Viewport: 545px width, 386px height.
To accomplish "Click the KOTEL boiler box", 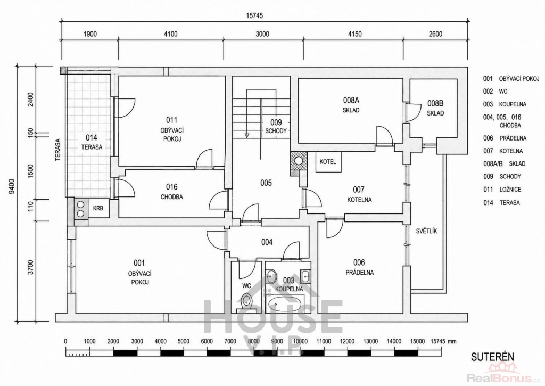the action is pyautogui.click(x=328, y=162).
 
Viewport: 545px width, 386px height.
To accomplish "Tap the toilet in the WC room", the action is pyautogui.click(x=247, y=302).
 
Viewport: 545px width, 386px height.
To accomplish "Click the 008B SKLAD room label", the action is pyautogui.click(x=435, y=108).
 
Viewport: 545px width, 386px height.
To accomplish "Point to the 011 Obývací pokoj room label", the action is pyautogui.click(x=172, y=129).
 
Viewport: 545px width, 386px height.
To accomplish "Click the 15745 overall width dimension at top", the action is pyautogui.click(x=255, y=15).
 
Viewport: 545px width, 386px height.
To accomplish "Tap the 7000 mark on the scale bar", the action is pyautogui.click(x=230, y=341).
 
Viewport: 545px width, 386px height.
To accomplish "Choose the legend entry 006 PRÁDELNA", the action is pyautogui.click(x=505, y=138).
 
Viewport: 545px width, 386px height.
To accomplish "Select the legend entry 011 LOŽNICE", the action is pyautogui.click(x=502, y=190).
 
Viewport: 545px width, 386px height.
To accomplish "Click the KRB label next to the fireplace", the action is pyautogui.click(x=98, y=209).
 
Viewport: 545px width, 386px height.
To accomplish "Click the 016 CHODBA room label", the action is pyautogui.click(x=172, y=192).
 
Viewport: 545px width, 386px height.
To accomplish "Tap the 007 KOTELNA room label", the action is pyautogui.click(x=359, y=194).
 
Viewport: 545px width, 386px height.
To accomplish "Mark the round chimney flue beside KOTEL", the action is pyautogui.click(x=299, y=160).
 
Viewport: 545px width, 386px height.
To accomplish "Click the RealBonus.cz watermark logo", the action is pyautogui.click(x=506, y=373).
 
